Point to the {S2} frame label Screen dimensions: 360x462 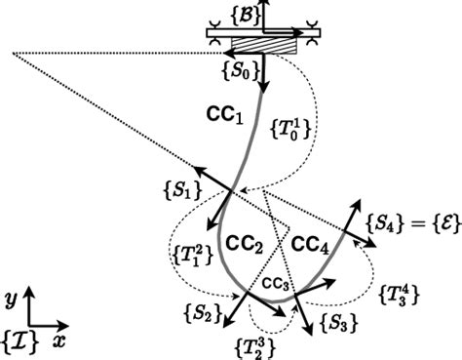[x=200, y=314]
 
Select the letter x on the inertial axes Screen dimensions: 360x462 [x=58, y=341]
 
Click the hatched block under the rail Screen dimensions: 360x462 [x=268, y=45]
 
